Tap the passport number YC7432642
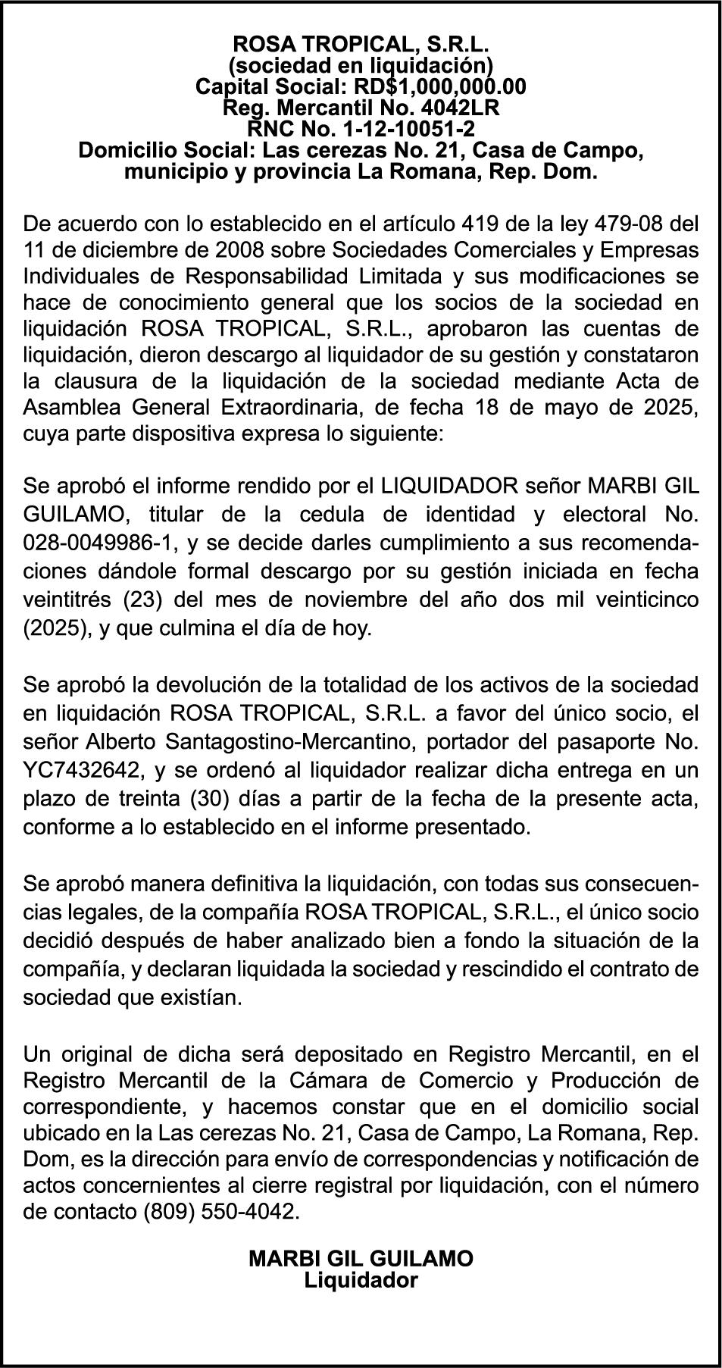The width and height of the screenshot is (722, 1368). tap(83, 770)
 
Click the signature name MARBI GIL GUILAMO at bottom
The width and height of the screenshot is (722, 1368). tap(361, 1259)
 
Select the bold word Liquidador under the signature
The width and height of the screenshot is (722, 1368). tap(361, 1280)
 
